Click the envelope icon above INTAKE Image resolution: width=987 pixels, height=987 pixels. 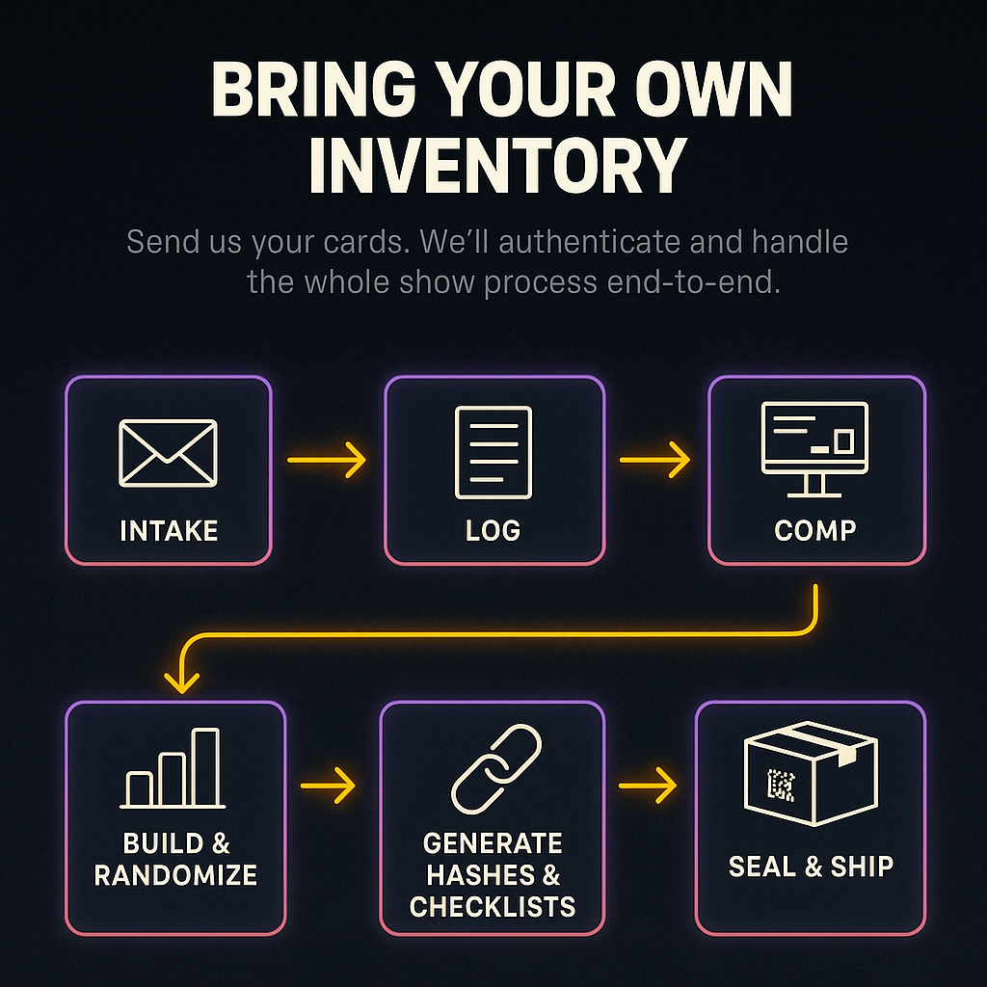168,452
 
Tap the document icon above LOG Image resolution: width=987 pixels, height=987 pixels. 493,452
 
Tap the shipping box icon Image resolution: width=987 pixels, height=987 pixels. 811,776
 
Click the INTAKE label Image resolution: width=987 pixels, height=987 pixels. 169,530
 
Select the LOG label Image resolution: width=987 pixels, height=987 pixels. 493,530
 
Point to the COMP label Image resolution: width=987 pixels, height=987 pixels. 815,530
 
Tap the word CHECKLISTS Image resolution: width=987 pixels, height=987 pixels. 493,906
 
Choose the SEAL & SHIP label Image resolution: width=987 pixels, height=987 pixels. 811,866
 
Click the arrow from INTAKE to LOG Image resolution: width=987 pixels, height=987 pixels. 327,461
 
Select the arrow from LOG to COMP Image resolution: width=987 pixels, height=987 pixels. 654,461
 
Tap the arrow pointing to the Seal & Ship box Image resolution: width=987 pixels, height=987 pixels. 648,786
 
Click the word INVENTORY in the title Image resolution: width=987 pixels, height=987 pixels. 496,166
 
